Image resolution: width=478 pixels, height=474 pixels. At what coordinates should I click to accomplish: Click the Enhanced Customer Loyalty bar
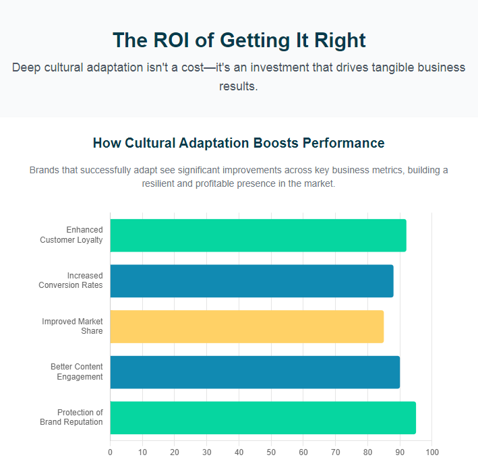258,235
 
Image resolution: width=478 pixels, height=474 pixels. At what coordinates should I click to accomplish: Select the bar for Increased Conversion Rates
251,280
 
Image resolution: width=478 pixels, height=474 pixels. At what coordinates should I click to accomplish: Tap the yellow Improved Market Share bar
247,326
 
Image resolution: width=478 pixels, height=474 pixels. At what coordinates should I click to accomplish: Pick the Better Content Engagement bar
255,372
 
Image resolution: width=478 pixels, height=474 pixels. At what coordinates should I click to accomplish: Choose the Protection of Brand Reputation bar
263,417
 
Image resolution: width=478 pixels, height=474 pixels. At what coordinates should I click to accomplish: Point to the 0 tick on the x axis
110,452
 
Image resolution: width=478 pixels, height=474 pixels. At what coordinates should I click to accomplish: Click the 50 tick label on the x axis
271,452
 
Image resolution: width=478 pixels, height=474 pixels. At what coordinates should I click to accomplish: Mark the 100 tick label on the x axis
432,452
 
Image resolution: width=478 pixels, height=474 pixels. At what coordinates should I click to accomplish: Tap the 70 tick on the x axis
335,452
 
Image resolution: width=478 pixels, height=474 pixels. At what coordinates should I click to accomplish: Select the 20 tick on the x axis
175,452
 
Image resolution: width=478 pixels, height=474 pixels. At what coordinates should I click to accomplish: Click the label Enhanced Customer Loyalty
71,235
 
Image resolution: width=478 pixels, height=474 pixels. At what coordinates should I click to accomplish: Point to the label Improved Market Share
72,326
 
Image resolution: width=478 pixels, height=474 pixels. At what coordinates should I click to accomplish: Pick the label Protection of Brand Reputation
71,417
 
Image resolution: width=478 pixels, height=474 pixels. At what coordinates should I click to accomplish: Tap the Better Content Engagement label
76,372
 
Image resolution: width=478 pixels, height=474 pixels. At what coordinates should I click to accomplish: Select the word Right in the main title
340,40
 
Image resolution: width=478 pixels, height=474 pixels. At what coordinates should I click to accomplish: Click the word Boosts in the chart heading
276,143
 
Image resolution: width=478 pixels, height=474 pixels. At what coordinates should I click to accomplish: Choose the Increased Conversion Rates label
71,280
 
